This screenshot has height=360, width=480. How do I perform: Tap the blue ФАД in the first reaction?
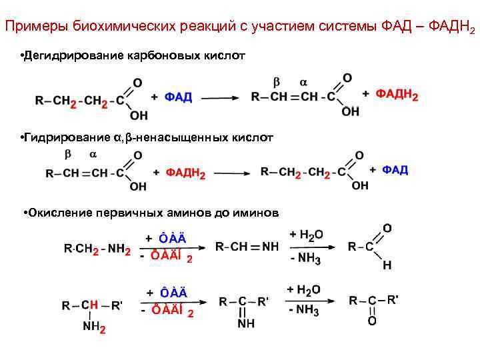pos(178,97)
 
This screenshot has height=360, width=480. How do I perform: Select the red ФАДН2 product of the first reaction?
pos(397,95)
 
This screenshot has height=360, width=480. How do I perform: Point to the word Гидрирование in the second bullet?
pos(63,138)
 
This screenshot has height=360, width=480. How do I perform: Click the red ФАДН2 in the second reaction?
pos(185,173)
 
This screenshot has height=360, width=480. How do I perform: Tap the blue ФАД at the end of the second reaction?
pos(395,171)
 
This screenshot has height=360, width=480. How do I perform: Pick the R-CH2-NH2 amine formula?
pos(97,249)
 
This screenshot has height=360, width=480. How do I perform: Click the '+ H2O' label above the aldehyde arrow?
pos(306,235)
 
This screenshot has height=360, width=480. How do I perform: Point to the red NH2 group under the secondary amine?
pos(94,327)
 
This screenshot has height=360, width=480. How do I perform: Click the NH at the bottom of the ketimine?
pos(246,324)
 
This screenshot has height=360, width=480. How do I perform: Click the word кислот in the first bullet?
pos(227,55)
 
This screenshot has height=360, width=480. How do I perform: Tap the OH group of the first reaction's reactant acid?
pos(138,115)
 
